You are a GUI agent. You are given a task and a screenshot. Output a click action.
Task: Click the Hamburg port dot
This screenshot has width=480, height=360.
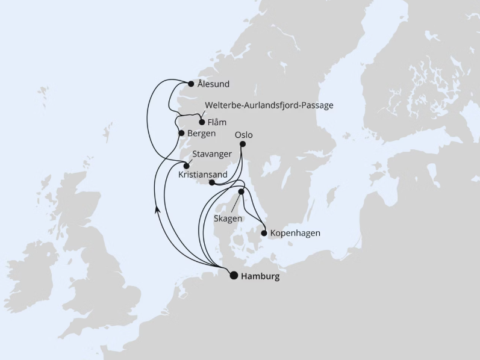[x=234, y=276]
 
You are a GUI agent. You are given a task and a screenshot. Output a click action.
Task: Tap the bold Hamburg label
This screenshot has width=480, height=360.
[x=260, y=277]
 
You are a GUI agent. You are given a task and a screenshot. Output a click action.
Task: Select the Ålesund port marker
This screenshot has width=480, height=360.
[x=191, y=84]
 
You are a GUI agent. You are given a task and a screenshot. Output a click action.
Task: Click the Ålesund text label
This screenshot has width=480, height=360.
[x=214, y=84]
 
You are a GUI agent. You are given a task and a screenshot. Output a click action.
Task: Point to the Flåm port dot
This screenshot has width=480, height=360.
[x=202, y=122]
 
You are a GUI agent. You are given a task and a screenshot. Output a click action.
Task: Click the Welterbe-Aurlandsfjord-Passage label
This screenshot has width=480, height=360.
[x=269, y=105]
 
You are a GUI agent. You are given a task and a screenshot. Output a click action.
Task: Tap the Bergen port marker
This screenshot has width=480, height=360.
[x=181, y=133]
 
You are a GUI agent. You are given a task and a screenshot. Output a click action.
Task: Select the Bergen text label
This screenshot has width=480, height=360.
[x=201, y=133]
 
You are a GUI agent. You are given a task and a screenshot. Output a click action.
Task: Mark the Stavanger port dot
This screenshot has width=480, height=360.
[x=187, y=166]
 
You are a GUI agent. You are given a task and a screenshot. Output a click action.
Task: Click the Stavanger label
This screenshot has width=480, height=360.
[x=212, y=155]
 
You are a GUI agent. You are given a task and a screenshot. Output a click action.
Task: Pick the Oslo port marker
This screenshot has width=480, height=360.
[x=243, y=144]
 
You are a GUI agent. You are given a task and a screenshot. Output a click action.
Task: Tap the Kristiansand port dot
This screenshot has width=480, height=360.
[x=211, y=183]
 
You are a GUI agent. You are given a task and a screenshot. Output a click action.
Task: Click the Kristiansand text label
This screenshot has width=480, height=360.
[x=204, y=175]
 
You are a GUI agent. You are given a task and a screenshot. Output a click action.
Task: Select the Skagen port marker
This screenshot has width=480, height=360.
[x=242, y=192]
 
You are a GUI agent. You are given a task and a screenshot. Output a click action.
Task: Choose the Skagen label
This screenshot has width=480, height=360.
[x=228, y=219]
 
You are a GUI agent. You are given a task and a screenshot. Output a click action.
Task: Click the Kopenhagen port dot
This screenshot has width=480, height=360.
[x=264, y=233]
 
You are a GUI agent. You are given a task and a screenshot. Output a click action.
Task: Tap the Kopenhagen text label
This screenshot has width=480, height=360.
[x=295, y=233]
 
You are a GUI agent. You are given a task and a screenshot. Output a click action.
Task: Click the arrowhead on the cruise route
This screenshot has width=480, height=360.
[x=157, y=209]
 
